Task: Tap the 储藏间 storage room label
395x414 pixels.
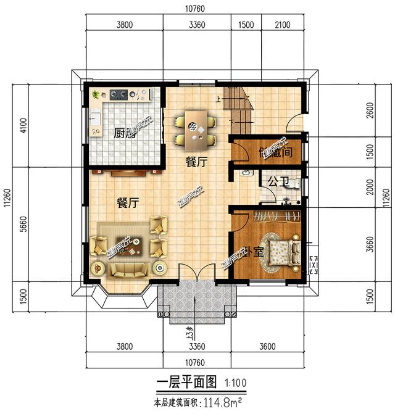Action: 275,152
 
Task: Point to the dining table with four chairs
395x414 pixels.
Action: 196,130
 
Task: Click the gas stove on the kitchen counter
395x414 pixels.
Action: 119,95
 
